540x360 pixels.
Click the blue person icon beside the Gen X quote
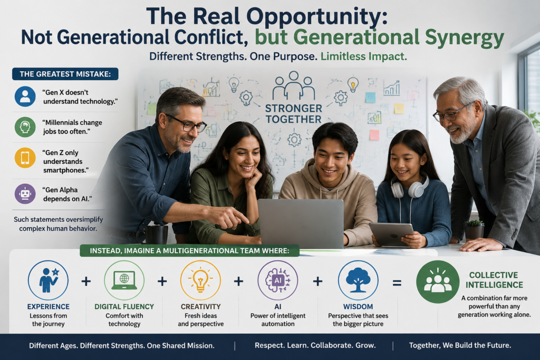click(25, 96)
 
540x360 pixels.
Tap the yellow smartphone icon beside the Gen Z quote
click(25, 158)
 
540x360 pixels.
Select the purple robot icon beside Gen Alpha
click(25, 194)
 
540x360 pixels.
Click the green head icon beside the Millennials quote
click(25, 127)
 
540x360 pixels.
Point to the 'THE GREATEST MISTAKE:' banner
click(65, 74)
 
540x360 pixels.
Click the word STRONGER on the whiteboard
click(293, 109)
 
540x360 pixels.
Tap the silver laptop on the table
click(301, 223)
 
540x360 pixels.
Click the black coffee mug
click(152, 234)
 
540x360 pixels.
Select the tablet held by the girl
click(392, 234)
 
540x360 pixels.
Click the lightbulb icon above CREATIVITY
click(201, 280)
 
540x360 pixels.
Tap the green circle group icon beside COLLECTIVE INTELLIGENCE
click(438, 282)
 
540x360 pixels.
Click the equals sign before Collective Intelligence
click(397, 283)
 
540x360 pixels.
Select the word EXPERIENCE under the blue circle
click(48, 307)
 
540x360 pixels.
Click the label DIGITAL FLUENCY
click(124, 307)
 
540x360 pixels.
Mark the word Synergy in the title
click(465, 38)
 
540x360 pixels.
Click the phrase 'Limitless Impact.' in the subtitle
click(364, 56)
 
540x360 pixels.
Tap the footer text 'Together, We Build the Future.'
click(460, 346)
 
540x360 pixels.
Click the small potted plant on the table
click(474, 229)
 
